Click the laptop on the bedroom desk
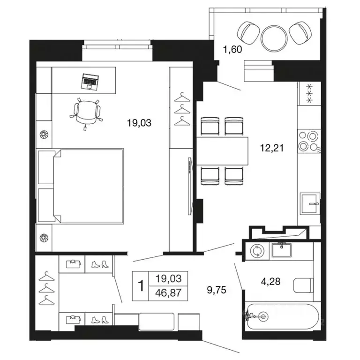90,82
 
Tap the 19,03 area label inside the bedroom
139,123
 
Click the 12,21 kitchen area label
271,148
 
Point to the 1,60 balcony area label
232,49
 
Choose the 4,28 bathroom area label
270,281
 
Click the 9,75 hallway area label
217,290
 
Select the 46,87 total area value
168,293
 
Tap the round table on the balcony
274,38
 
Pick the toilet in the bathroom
303,285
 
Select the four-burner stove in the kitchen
309,141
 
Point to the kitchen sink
310,203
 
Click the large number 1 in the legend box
141,286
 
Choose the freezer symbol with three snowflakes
309,93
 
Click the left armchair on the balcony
248,33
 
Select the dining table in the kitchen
222,151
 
